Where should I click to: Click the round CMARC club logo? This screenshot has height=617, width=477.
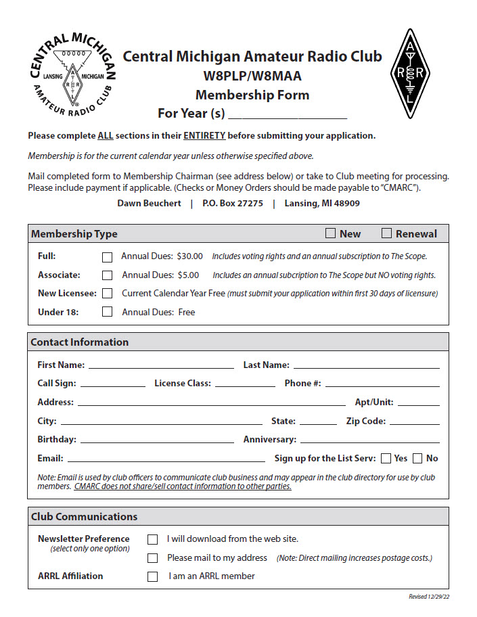tap(72, 73)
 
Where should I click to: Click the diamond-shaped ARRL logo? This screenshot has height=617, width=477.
tap(410, 73)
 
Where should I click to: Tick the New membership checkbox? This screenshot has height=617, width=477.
tap(331, 233)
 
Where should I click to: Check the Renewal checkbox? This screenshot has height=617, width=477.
tap(387, 233)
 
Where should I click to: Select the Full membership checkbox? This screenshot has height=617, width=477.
tap(107, 257)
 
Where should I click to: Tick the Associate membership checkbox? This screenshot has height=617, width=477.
tap(107, 275)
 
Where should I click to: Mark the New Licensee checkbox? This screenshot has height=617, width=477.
tap(107, 294)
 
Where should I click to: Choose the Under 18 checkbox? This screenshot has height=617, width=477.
tap(107, 312)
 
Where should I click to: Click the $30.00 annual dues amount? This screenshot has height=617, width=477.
tap(189, 256)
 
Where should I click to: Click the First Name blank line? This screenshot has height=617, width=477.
tap(160, 365)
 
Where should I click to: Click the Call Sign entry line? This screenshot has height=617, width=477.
tap(113, 384)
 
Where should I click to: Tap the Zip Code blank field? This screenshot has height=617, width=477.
tap(414, 421)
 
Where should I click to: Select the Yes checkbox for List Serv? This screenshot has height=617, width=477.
tap(386, 459)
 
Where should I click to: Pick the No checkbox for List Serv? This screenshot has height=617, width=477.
tap(417, 459)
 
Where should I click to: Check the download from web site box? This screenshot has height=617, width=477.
tap(153, 539)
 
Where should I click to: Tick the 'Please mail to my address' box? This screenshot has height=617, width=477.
tap(153, 558)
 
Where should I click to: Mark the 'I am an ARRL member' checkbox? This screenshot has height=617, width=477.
tap(153, 576)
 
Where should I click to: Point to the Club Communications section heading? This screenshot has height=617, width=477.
tap(84, 517)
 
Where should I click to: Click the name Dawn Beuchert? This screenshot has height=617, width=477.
tap(149, 203)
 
